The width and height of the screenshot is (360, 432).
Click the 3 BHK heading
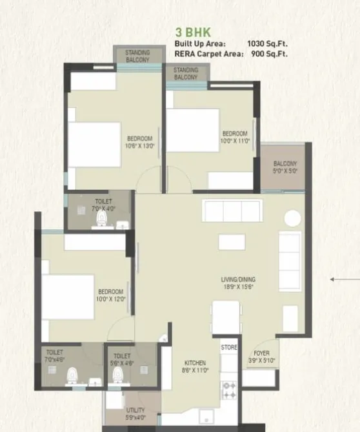(192, 31)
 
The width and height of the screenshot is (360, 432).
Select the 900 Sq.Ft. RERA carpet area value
(267, 54)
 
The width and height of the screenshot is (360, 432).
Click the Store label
(230, 347)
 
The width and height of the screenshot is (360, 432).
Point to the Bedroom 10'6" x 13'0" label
(139, 142)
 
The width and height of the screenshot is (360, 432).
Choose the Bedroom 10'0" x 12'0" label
(110, 295)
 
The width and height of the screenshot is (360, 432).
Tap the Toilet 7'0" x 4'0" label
(103, 205)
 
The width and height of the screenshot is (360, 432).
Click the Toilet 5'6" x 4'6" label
(122, 360)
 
